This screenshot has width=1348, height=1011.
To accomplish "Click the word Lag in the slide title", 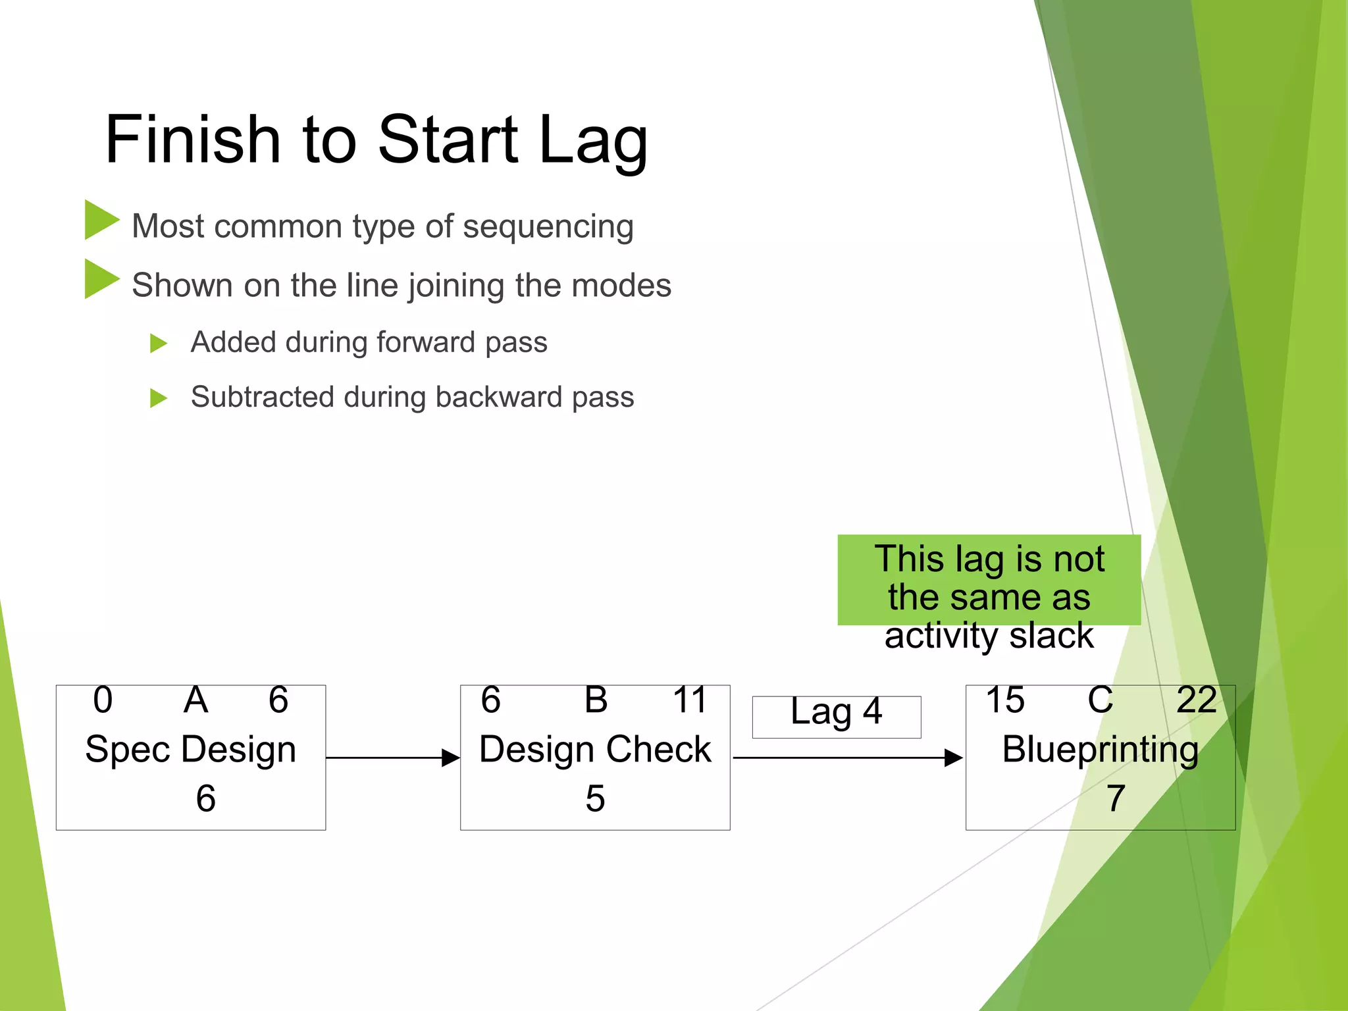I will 593,140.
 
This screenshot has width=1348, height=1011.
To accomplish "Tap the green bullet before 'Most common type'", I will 101,220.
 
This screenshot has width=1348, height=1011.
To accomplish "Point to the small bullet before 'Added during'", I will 158,343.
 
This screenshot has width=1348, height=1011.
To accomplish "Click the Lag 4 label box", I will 836,716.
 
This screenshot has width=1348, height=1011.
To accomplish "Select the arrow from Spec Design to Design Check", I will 392,758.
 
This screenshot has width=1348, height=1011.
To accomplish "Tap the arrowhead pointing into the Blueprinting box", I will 954,758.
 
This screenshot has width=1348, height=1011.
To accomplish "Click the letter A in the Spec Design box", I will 195,700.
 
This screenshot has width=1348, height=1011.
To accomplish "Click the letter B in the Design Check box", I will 596,700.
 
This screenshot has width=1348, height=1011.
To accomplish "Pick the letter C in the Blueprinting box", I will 1100,700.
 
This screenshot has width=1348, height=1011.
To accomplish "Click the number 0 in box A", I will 103,700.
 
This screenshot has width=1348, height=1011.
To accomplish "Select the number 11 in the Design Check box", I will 689,700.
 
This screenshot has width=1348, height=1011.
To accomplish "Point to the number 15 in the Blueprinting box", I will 1004,700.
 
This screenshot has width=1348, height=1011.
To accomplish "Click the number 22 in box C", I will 1196,700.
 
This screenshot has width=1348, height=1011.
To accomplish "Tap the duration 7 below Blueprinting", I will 1115,798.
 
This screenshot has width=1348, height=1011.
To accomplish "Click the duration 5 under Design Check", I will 595,798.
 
